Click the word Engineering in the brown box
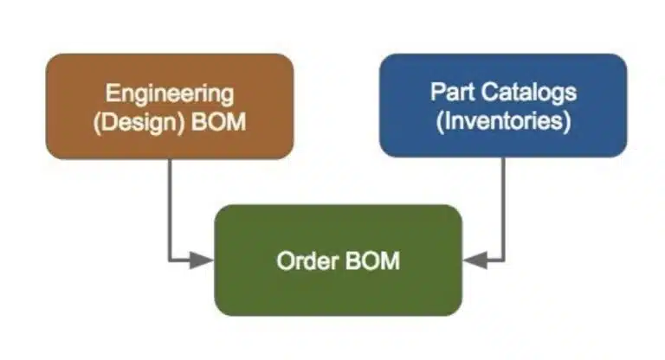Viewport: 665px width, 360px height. (169, 94)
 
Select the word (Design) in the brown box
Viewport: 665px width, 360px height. (139, 123)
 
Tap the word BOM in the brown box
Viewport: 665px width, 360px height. (218, 122)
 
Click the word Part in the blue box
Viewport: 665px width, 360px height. (453, 92)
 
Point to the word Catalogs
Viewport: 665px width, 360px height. (528, 93)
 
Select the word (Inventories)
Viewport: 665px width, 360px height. (503, 121)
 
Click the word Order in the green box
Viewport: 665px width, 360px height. (308, 260)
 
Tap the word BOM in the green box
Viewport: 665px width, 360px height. (373, 260)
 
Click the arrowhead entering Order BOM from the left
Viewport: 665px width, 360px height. (201, 260)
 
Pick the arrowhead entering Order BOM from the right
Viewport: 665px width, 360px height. (475, 260)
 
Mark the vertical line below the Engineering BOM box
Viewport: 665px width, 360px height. (170, 209)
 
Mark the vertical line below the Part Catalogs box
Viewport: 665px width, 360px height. (503, 209)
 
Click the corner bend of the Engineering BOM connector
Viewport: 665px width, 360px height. (170, 260)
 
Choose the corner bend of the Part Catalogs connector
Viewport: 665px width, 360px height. (503, 260)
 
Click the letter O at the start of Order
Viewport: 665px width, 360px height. (285, 260)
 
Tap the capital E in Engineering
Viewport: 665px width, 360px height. (112, 93)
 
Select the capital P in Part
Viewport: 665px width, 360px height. (437, 92)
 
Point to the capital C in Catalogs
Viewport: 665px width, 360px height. (488, 92)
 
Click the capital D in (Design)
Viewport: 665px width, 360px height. (107, 122)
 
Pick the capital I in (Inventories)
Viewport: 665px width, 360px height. (446, 120)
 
